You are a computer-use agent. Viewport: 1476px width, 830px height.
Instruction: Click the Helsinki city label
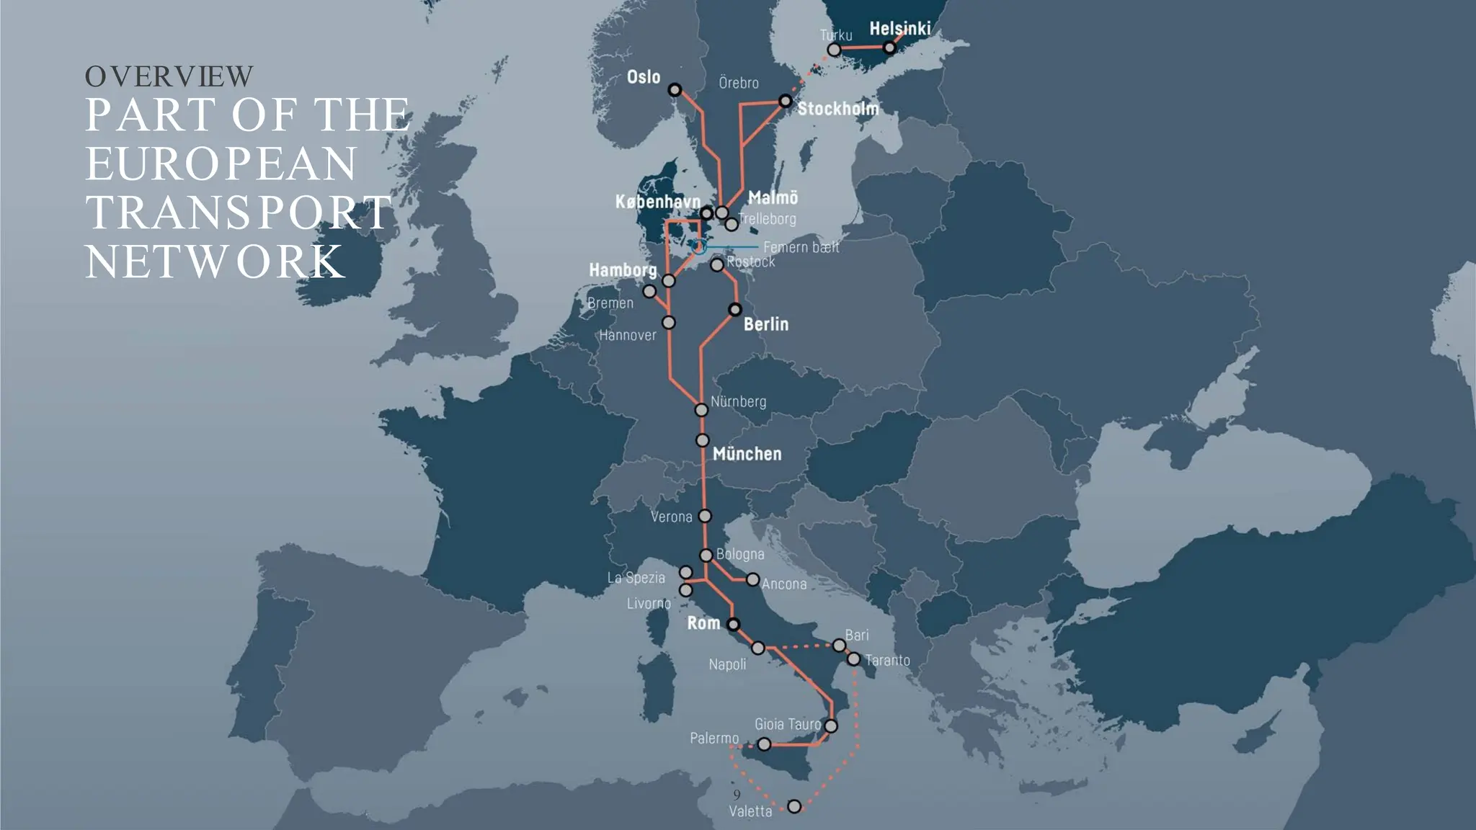tap(899, 29)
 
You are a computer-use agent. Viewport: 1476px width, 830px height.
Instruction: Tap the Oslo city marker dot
tap(675, 90)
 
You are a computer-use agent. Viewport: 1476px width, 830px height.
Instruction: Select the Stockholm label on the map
tap(837, 109)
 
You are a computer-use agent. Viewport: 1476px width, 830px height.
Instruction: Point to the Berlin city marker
tap(734, 310)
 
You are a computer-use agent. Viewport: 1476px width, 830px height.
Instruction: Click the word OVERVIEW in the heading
tap(169, 76)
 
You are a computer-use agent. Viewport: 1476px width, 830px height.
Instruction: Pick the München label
tap(747, 454)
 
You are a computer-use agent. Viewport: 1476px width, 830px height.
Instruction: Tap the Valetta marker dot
tap(793, 806)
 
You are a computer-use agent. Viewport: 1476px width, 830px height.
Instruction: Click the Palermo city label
tap(714, 738)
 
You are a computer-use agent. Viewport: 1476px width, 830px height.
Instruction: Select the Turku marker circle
tap(834, 50)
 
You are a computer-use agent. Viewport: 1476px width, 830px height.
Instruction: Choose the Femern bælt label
tap(801, 247)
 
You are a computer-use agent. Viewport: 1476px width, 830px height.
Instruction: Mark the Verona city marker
tap(705, 516)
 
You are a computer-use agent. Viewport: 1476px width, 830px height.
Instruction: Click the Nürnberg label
tap(738, 401)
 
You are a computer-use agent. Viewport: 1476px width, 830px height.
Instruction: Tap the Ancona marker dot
tap(752, 579)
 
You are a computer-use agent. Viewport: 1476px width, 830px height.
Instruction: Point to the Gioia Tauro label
tap(788, 724)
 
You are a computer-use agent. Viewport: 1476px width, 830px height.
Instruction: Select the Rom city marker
tap(733, 624)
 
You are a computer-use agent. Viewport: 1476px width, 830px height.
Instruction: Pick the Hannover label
tap(628, 335)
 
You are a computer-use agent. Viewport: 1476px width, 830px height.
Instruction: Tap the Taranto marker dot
tap(853, 659)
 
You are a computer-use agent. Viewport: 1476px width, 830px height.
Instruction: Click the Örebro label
tap(739, 83)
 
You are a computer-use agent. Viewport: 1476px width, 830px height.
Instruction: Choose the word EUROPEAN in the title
tap(221, 164)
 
